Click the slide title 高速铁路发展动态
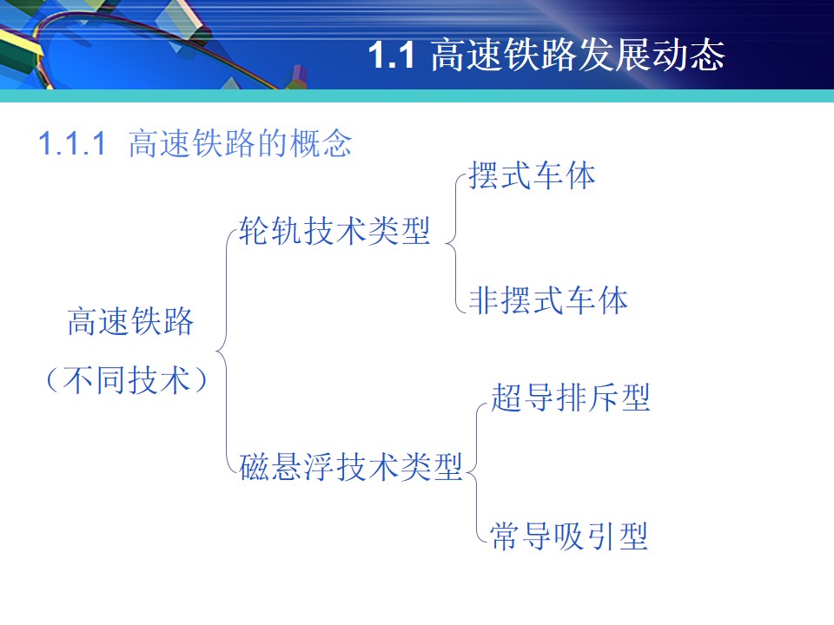578,55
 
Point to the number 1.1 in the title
391,55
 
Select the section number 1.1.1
72,143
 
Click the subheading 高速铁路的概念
240,143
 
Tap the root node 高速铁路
130,321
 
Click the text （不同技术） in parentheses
127,379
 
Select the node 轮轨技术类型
334,231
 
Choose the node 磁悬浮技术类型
350,467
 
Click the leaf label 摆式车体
532,175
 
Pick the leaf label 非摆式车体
548,299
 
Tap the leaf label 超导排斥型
570,397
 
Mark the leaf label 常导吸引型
568,536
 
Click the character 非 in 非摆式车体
484,299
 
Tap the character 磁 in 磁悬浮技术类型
255,467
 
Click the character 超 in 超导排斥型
506,397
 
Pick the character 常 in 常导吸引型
505,536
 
